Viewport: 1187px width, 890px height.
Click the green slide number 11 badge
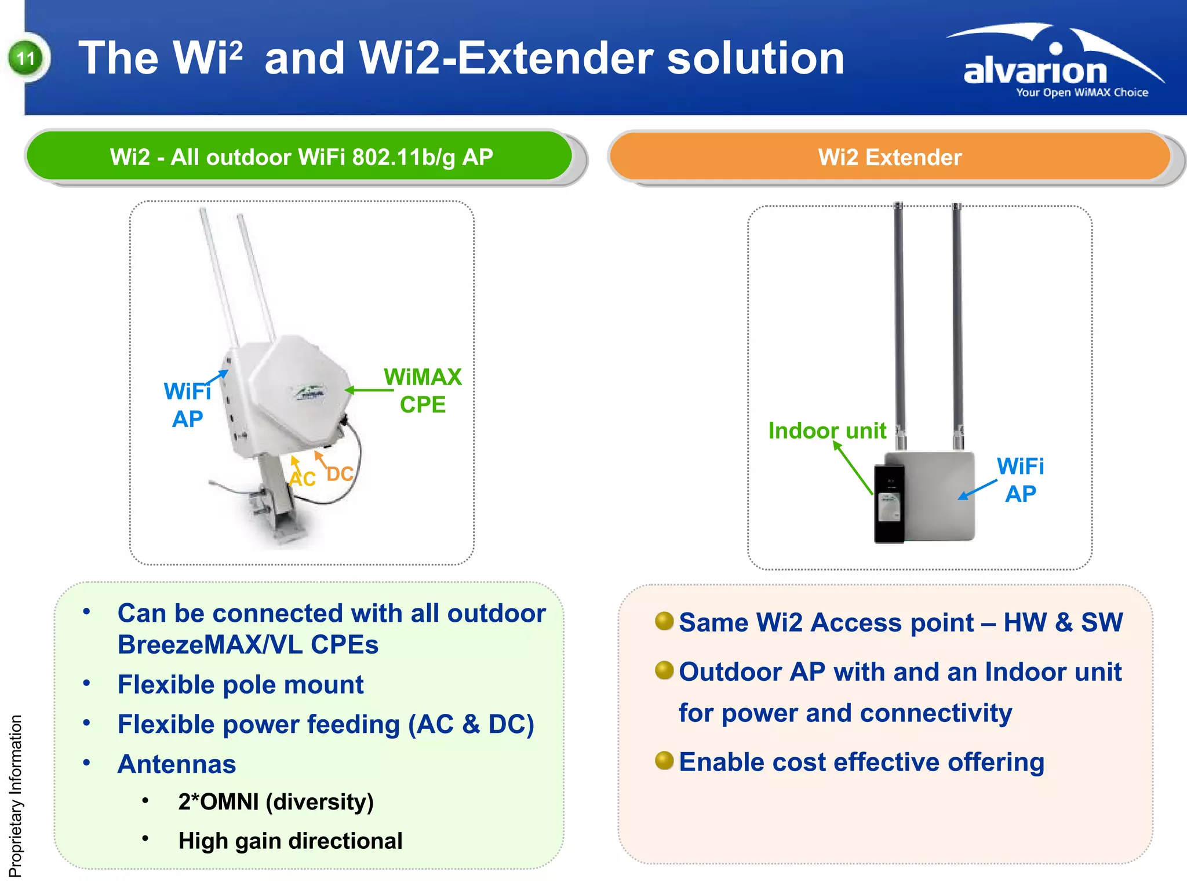26,58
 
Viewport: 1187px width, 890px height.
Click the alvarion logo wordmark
1035,71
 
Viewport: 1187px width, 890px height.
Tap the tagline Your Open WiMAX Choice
1082,93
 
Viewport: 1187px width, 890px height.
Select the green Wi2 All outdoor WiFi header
301,157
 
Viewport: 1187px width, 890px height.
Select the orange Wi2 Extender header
890,157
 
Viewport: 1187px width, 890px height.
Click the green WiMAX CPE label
423,391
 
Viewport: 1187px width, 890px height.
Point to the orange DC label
340,474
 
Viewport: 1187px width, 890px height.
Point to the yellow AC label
303,479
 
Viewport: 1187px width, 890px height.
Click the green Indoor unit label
826,431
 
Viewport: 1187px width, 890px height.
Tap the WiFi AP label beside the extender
1020,480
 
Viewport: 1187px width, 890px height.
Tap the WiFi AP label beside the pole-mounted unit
187,405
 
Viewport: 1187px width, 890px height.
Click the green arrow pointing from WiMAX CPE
369,390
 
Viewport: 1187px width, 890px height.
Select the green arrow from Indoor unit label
853,468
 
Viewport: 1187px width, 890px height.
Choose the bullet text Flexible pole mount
240,684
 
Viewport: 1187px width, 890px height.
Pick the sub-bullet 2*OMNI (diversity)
275,802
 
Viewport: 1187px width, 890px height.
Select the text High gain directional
290,841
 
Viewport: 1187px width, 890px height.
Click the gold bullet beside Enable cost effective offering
664,760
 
